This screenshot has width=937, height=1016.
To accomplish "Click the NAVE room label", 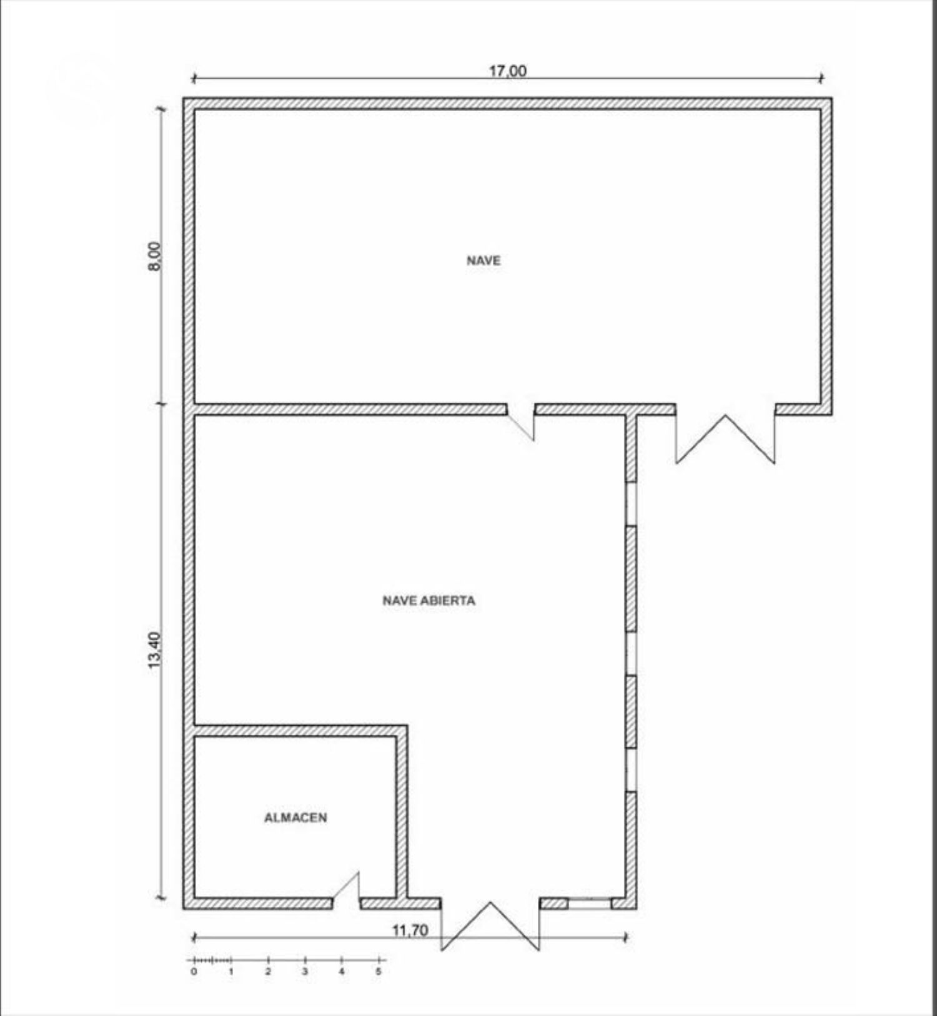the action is [x=483, y=260].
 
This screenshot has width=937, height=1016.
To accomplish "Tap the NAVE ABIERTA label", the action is [x=429, y=601].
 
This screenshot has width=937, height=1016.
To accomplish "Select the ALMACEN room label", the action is [x=295, y=817].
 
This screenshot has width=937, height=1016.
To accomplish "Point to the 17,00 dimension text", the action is [x=507, y=71].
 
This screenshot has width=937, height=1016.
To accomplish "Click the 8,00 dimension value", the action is [x=154, y=256].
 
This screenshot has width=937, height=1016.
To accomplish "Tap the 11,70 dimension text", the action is [x=410, y=930].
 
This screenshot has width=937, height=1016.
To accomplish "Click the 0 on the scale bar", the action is [x=194, y=972].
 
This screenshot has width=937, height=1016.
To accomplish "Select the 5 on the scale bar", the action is [x=379, y=972].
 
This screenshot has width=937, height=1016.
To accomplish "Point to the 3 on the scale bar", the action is [x=305, y=972].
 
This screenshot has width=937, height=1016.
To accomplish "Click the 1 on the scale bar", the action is [x=231, y=972].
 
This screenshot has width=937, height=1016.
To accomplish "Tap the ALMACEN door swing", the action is [x=346, y=886].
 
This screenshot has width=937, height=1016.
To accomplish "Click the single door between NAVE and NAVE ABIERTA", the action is [x=520, y=422].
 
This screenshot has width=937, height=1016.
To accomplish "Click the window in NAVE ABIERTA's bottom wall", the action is [x=589, y=904].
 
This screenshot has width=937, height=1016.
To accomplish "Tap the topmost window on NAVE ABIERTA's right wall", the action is [x=631, y=503].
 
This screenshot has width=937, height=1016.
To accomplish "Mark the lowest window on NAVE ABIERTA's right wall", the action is [x=631, y=770].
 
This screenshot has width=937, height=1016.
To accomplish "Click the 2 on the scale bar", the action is [x=268, y=972].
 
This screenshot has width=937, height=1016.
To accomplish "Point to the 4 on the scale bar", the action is [x=342, y=972].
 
